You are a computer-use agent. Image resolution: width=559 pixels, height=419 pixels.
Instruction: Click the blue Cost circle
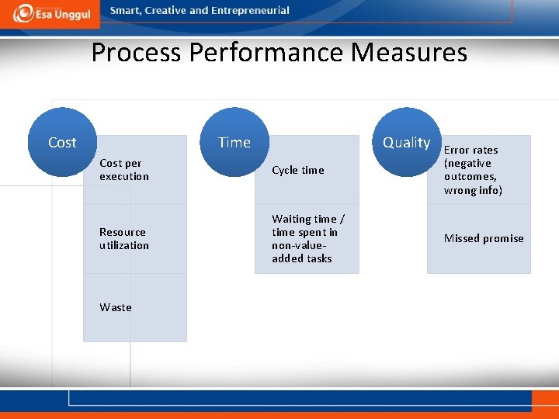(x=62, y=142)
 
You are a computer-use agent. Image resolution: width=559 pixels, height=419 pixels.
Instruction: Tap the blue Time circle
(x=234, y=142)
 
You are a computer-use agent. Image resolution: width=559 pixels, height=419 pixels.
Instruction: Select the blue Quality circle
(x=406, y=142)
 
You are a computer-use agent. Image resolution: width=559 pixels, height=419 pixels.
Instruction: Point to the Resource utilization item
(x=124, y=238)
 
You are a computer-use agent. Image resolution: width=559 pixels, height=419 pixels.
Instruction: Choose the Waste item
(x=116, y=307)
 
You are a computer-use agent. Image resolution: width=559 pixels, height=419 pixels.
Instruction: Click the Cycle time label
(x=298, y=170)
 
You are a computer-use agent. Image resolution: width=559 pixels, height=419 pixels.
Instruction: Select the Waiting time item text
(x=308, y=238)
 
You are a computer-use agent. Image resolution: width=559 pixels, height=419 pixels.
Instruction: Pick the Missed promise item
(x=484, y=238)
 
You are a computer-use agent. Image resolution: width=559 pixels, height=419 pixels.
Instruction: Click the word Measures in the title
(x=409, y=53)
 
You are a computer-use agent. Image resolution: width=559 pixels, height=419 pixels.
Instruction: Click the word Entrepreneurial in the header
(x=251, y=11)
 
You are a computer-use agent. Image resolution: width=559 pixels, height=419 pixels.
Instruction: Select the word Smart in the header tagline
(x=127, y=11)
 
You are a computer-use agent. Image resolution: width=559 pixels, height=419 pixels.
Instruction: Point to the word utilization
(x=124, y=245)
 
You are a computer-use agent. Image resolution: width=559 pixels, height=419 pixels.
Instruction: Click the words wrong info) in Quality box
(x=473, y=190)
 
